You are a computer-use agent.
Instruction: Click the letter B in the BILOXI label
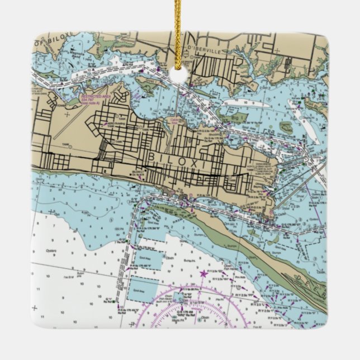click(152, 157)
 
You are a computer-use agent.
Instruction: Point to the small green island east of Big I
click(286, 127)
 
